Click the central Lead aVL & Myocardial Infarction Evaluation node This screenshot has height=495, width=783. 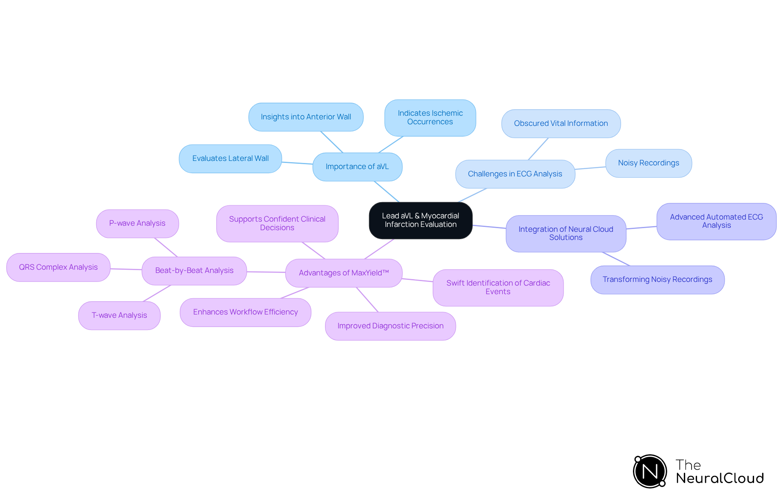pyautogui.click(x=420, y=220)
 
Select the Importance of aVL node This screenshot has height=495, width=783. pyautogui.click(x=357, y=167)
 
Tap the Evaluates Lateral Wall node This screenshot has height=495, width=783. pyautogui.click(x=230, y=158)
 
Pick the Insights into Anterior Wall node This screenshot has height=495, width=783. pyautogui.click(x=306, y=117)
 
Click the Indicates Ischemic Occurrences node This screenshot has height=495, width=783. pyautogui.click(x=430, y=117)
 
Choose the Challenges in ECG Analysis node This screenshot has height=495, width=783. pyautogui.click(x=515, y=174)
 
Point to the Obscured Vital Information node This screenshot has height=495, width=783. pyautogui.click(x=561, y=123)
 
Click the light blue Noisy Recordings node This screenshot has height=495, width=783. pyautogui.click(x=648, y=163)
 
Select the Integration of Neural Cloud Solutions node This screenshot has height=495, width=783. pyautogui.click(x=566, y=233)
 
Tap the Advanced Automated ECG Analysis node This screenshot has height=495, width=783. pyautogui.click(x=716, y=221)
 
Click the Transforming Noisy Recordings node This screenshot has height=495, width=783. pyautogui.click(x=657, y=279)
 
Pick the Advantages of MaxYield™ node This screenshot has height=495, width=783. pyautogui.click(x=344, y=273)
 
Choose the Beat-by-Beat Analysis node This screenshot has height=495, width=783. pyautogui.click(x=194, y=271)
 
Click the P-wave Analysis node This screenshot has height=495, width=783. pyautogui.click(x=137, y=223)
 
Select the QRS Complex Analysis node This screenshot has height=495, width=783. pyautogui.click(x=58, y=267)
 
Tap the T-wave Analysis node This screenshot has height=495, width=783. pyautogui.click(x=119, y=315)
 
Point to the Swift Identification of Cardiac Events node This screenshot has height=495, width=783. pyautogui.click(x=498, y=287)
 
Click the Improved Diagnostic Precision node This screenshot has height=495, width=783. pyautogui.click(x=390, y=326)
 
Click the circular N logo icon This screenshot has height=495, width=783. pyautogui.click(x=650, y=471)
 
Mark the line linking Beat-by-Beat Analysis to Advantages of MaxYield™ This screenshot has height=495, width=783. pyautogui.click(x=266, y=272)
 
